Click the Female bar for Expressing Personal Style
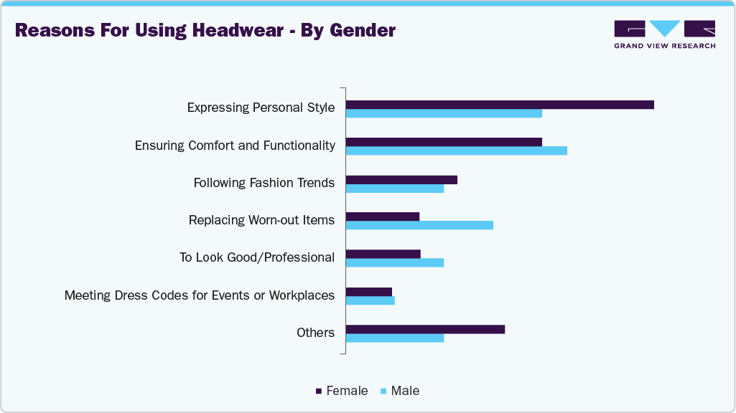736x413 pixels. click(x=500, y=105)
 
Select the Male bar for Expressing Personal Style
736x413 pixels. click(x=444, y=113)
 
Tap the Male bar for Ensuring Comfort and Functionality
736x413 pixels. click(x=457, y=151)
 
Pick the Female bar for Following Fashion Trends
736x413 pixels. click(x=401, y=179)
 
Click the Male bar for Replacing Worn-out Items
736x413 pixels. click(x=419, y=225)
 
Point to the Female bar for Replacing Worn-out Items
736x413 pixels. click(x=383, y=217)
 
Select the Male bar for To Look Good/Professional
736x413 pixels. click(x=395, y=262)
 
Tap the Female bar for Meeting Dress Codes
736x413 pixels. click(x=369, y=291)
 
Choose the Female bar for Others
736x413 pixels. click(x=425, y=329)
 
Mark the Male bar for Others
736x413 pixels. click(x=395, y=338)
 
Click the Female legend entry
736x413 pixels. click(x=342, y=391)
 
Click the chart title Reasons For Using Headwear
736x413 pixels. click(x=205, y=31)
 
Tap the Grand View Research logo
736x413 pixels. click(x=664, y=34)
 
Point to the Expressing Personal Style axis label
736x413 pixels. click(x=261, y=108)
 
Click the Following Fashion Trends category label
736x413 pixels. click(x=264, y=183)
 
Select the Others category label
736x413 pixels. click(x=315, y=333)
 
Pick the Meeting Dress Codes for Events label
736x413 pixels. click(x=200, y=295)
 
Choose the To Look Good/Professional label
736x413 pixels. click(x=257, y=257)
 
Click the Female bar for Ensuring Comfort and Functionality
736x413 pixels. click(x=444, y=142)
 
